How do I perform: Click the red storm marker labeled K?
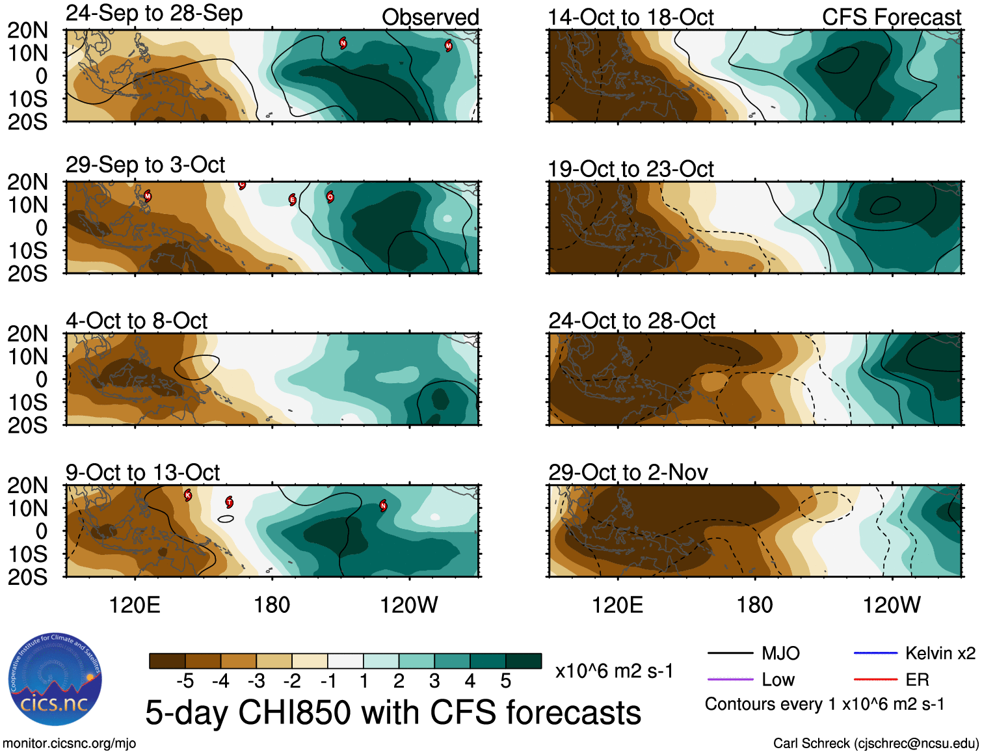coord(188,495)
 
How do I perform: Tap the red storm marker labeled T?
coord(230,502)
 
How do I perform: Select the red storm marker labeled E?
coord(293,200)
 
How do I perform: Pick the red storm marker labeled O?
coord(330,196)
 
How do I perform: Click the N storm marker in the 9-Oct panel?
coord(383,505)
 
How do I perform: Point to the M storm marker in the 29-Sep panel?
coord(148,196)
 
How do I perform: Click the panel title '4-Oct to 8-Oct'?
coord(137,321)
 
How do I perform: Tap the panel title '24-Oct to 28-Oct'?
coord(631,321)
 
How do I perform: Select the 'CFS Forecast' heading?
coord(891,18)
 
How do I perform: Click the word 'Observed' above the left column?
coord(430,18)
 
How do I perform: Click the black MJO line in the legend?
coord(730,653)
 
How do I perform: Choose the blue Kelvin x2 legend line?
coord(875,653)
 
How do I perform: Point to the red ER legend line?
coord(875,679)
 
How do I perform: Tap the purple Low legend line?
coord(730,679)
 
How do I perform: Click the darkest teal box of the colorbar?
coord(524,661)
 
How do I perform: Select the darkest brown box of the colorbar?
coord(167,661)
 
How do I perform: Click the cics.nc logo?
coord(55,680)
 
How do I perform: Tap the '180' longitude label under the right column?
coord(754,605)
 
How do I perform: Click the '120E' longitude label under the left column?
coord(135,605)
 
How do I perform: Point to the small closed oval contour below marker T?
coord(225,518)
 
